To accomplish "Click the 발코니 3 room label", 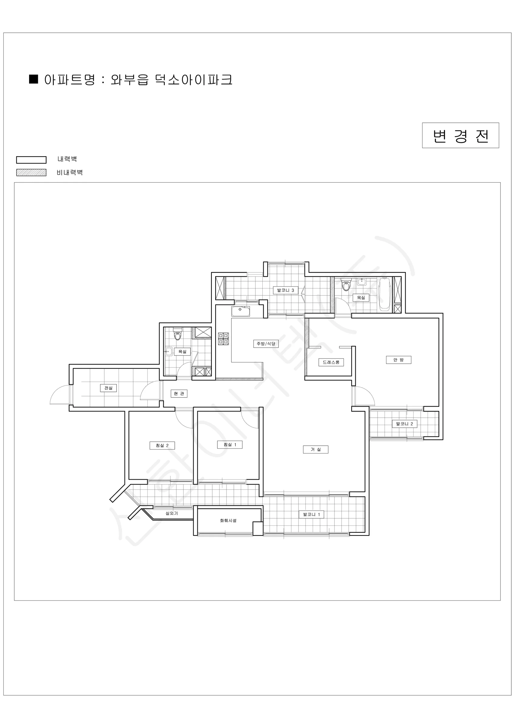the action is pyautogui.click(x=285, y=290).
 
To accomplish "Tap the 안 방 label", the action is pyautogui.click(x=398, y=360).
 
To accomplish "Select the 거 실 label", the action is pyautogui.click(x=315, y=450).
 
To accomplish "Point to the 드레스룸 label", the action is pyautogui.click(x=331, y=362).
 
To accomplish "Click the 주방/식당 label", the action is pyautogui.click(x=266, y=344).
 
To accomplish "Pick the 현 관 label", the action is pyautogui.click(x=179, y=393).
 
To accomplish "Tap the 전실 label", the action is pyautogui.click(x=109, y=388).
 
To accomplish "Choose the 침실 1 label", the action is pyautogui.click(x=230, y=445).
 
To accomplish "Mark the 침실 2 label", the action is pyautogui.click(x=162, y=446).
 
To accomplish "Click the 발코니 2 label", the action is pyautogui.click(x=404, y=424).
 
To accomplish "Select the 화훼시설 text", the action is pyautogui.click(x=228, y=521).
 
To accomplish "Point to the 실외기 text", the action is pyautogui.click(x=172, y=513).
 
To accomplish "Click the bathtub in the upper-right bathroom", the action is pyautogui.click(x=384, y=294).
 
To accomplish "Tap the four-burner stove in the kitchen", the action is pyautogui.click(x=223, y=339).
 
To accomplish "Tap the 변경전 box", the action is pyautogui.click(x=460, y=135).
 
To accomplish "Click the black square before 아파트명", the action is pyautogui.click(x=34, y=79).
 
